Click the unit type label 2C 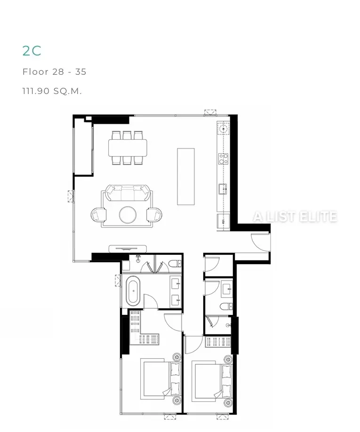point(32,51)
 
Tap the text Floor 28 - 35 point(54,71)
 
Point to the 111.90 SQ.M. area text point(52,91)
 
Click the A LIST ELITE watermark point(295,217)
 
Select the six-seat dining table point(128,148)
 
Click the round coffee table point(128,215)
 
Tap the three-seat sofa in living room point(128,193)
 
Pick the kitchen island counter point(186,177)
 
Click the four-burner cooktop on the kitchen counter point(224,159)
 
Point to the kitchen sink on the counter point(223,189)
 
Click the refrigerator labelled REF point(223,221)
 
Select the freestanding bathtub point(133,291)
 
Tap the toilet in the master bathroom point(175,264)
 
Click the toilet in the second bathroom point(226,306)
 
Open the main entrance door point(260,243)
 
